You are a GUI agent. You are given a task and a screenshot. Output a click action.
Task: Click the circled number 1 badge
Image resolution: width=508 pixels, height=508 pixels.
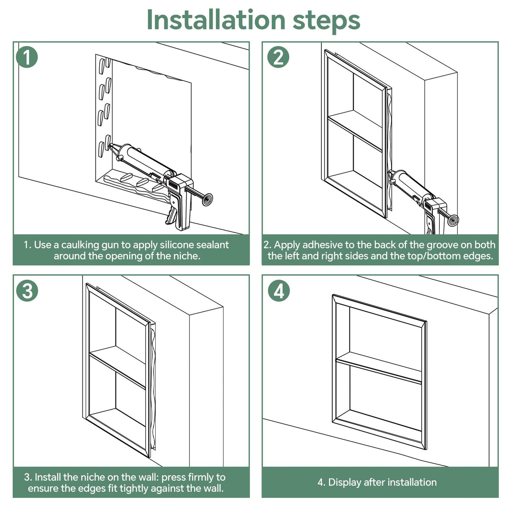pos(27,57)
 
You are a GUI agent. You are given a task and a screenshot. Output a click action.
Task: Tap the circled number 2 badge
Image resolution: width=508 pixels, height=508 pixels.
pos(278,57)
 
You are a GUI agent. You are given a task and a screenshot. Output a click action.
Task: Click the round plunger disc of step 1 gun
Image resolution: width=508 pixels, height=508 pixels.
pos(207,199)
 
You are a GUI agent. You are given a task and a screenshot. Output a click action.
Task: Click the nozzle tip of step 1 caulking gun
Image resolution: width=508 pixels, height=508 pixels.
pos(111,147)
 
